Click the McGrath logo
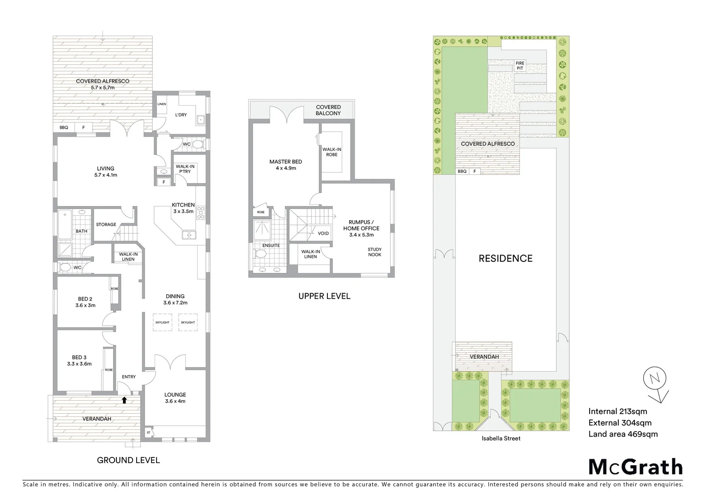click(x=635, y=467)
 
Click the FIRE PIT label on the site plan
click(x=520, y=65)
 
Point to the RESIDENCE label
click(x=505, y=259)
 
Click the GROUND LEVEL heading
click(x=128, y=460)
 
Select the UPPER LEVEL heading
click(x=324, y=296)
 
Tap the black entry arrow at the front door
click(x=124, y=400)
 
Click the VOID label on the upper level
click(x=323, y=233)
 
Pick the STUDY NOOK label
click(x=374, y=252)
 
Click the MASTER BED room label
click(x=286, y=165)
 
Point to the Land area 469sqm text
click(x=623, y=434)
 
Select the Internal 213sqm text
click(x=617, y=412)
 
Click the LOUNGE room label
click(x=175, y=397)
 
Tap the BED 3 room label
click(x=79, y=360)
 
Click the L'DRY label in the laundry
click(x=181, y=115)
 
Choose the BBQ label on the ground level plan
click(x=64, y=127)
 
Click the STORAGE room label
click(x=106, y=225)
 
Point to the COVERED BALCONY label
click(x=328, y=110)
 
